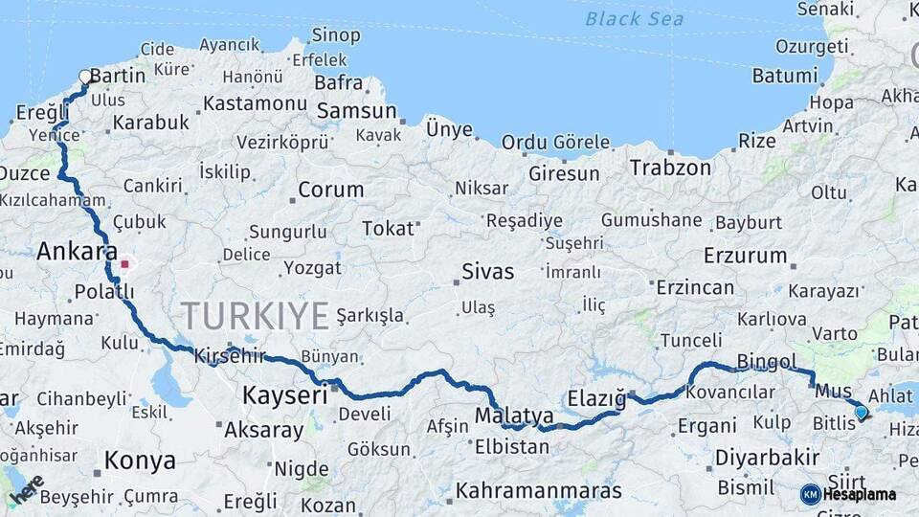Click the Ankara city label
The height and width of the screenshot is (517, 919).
(x=77, y=252)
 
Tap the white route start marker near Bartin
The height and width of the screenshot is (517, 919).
(x=85, y=77)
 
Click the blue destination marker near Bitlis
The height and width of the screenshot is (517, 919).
(x=861, y=412)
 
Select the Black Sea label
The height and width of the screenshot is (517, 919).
(x=635, y=18)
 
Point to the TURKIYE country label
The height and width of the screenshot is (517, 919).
(x=256, y=316)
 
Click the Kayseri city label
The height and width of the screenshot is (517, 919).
(x=284, y=394)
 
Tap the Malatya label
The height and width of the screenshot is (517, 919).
(x=514, y=416)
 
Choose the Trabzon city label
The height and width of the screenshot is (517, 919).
(x=670, y=168)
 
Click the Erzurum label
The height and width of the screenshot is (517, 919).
(x=745, y=257)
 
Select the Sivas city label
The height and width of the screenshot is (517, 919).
(x=487, y=271)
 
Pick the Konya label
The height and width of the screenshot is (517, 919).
(x=140, y=461)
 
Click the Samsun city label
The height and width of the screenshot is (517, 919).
(x=356, y=111)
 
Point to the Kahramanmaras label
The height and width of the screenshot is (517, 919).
(x=538, y=491)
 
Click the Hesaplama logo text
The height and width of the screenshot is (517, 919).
(x=860, y=495)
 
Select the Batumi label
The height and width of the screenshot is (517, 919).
(x=784, y=75)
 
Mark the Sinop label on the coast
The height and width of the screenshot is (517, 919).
(x=336, y=36)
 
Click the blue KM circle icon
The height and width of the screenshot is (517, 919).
(x=811, y=494)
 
